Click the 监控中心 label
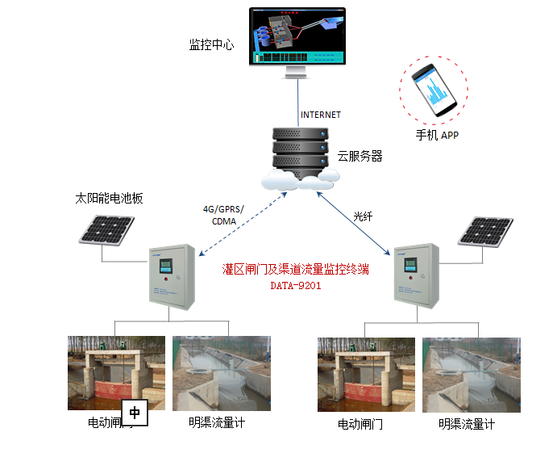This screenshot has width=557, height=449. tap(211, 45)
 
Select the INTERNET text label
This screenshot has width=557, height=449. tap(321, 115)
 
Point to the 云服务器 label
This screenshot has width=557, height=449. tap(359, 156)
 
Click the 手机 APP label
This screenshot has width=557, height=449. tap(437, 135)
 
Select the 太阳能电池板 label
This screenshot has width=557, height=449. tap(109, 198)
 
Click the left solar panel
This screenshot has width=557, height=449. tap(107, 230)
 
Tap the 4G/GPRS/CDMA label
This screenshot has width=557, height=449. tap(223, 215)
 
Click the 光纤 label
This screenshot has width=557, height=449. tap(364, 216)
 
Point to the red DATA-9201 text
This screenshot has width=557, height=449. tap(295, 285)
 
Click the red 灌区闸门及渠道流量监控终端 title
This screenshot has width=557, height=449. tap(295, 269)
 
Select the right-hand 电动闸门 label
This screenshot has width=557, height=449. tap(360, 424)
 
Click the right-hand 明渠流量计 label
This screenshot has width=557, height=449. tap(467, 424)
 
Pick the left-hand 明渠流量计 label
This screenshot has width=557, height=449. tap(217, 422)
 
